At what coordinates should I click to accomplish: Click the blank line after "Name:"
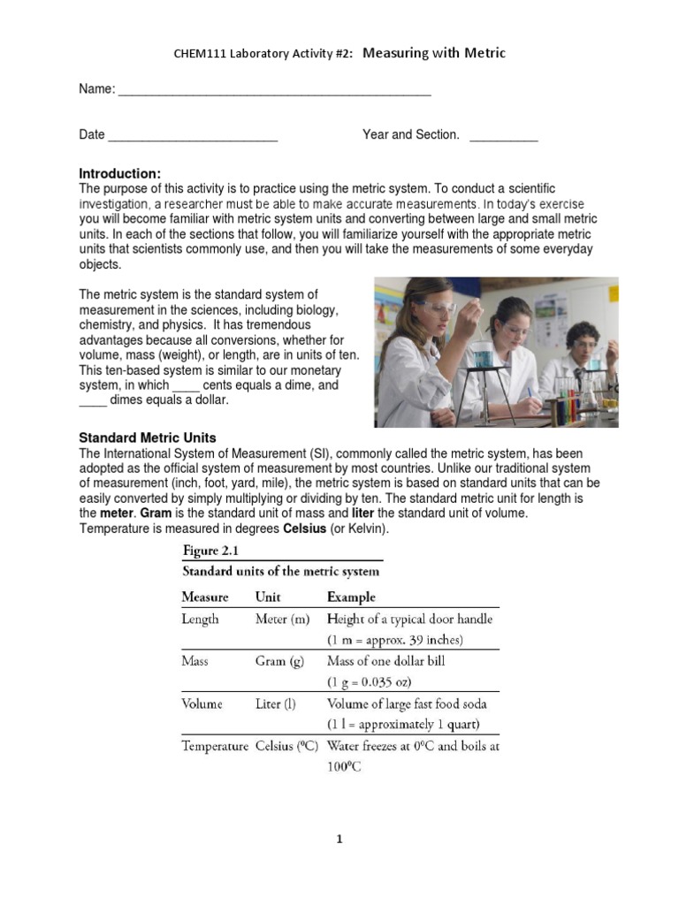274,91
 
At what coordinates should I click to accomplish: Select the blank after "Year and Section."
503,137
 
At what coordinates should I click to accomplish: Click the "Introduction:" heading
120,173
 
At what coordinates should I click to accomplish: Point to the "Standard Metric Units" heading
148,437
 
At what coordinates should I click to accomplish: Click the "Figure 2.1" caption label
210,551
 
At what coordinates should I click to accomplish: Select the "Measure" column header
205,597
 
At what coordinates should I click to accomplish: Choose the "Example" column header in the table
351,597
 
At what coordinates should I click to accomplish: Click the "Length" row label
201,619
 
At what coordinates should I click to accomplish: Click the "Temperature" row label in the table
215,746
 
